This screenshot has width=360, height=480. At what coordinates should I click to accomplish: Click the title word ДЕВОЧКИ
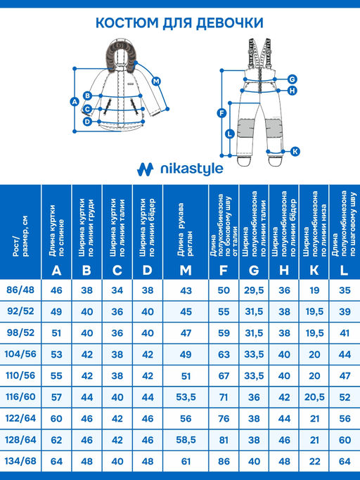[x=229, y=23]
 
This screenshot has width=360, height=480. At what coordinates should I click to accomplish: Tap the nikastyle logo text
[x=192, y=169]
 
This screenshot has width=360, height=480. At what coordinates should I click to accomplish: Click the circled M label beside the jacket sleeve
[x=156, y=82]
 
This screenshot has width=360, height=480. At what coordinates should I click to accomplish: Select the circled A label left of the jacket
[x=75, y=102]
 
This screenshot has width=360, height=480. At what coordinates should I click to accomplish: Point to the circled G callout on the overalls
[x=292, y=79]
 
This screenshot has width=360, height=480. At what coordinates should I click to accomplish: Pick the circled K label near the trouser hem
[x=295, y=151]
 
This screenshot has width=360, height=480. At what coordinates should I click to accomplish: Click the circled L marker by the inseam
[x=229, y=134]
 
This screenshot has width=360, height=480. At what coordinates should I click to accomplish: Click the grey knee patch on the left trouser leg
[x=247, y=127]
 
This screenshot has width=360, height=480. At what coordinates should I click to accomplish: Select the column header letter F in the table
[x=224, y=271]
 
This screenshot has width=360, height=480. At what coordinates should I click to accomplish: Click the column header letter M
[x=186, y=271]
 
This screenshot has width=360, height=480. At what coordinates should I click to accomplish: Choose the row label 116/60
[x=20, y=397]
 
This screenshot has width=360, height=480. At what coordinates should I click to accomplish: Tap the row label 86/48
[x=20, y=290]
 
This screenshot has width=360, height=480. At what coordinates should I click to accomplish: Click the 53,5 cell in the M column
[x=186, y=397]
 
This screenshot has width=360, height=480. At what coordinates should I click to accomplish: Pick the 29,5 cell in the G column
[x=254, y=290]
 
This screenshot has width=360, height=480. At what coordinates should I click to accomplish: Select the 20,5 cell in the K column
[x=314, y=397]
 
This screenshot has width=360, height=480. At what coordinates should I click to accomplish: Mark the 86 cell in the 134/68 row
[x=224, y=461]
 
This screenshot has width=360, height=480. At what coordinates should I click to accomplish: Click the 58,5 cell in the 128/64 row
[x=186, y=440]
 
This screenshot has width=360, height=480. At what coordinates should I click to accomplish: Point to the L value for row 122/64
[x=345, y=418]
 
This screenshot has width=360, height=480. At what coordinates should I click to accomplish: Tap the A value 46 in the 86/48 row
[x=56, y=290]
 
